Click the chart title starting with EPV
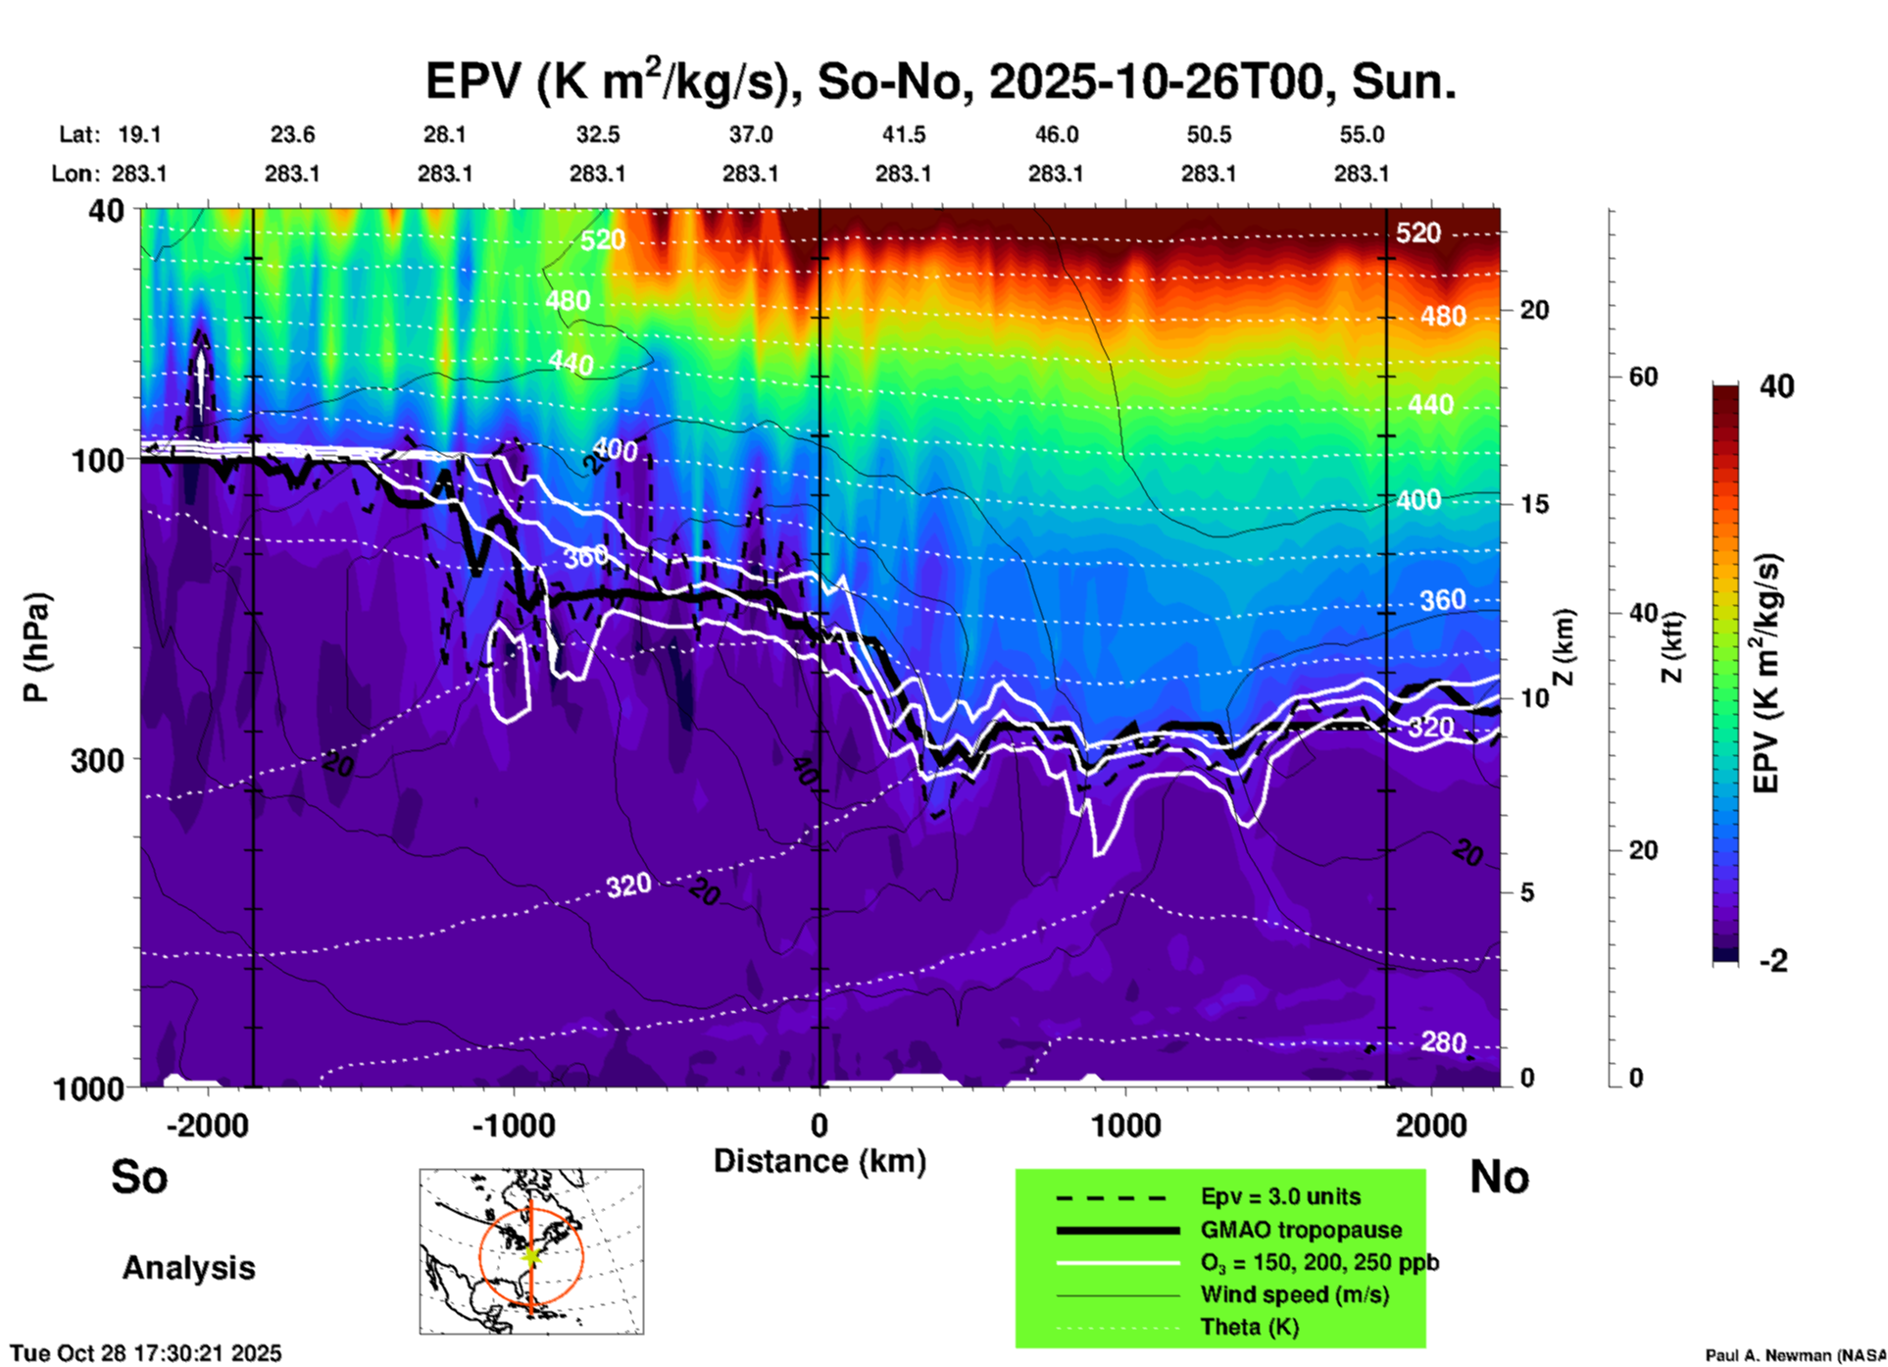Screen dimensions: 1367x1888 (939, 81)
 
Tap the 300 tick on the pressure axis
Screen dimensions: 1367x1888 (97, 760)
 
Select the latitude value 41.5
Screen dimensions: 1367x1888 (903, 134)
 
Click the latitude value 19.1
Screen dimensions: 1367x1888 (139, 134)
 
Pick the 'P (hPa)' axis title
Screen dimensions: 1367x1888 (36, 646)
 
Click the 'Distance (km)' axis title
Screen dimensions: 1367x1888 (820, 1161)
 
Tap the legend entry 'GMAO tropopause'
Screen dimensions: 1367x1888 (1301, 1230)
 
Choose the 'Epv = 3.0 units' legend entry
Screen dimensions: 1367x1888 (1280, 1197)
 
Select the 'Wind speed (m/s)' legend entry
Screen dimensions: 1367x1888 (1294, 1294)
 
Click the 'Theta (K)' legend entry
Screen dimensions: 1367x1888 (1249, 1327)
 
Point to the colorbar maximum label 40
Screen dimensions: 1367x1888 (1776, 386)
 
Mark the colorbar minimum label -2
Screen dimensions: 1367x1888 (1773, 960)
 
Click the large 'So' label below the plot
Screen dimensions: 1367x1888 (139, 1177)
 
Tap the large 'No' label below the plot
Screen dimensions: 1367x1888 (1499, 1177)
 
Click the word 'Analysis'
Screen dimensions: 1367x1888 (188, 1268)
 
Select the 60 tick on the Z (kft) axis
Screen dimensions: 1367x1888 (1643, 377)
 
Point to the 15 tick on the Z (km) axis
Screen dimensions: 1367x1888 (1534, 504)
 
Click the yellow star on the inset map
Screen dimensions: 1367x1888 (531, 1255)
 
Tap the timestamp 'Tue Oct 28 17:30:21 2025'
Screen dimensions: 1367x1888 (146, 1353)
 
